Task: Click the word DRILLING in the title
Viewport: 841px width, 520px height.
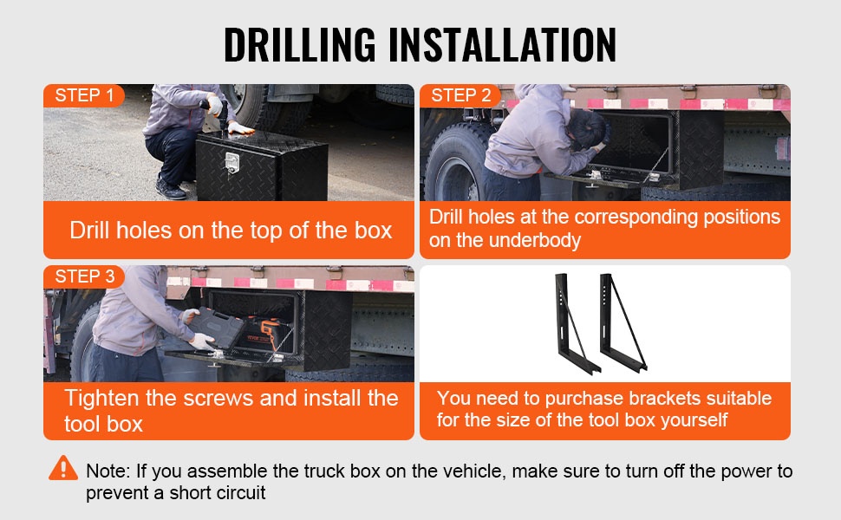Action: coord(300,45)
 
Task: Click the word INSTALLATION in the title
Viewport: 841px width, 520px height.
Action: coord(502,45)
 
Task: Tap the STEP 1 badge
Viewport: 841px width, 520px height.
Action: coord(84,95)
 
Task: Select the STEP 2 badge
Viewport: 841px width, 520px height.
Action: coord(460,95)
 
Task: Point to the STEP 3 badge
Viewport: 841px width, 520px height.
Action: coord(84,276)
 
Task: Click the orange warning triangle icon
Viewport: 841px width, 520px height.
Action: coord(63,469)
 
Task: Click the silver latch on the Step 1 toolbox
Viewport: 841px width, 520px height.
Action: coord(232,162)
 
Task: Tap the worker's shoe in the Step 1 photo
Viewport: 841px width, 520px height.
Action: coord(170,190)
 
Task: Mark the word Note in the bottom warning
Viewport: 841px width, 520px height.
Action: coord(108,471)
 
